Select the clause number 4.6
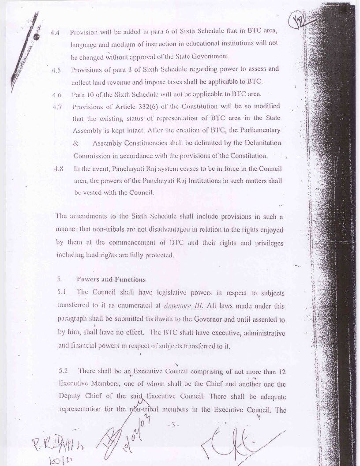(x=56, y=94)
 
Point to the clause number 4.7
(x=56, y=106)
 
